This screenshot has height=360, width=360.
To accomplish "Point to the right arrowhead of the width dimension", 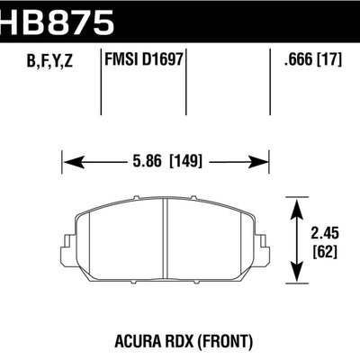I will pos(268,162).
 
